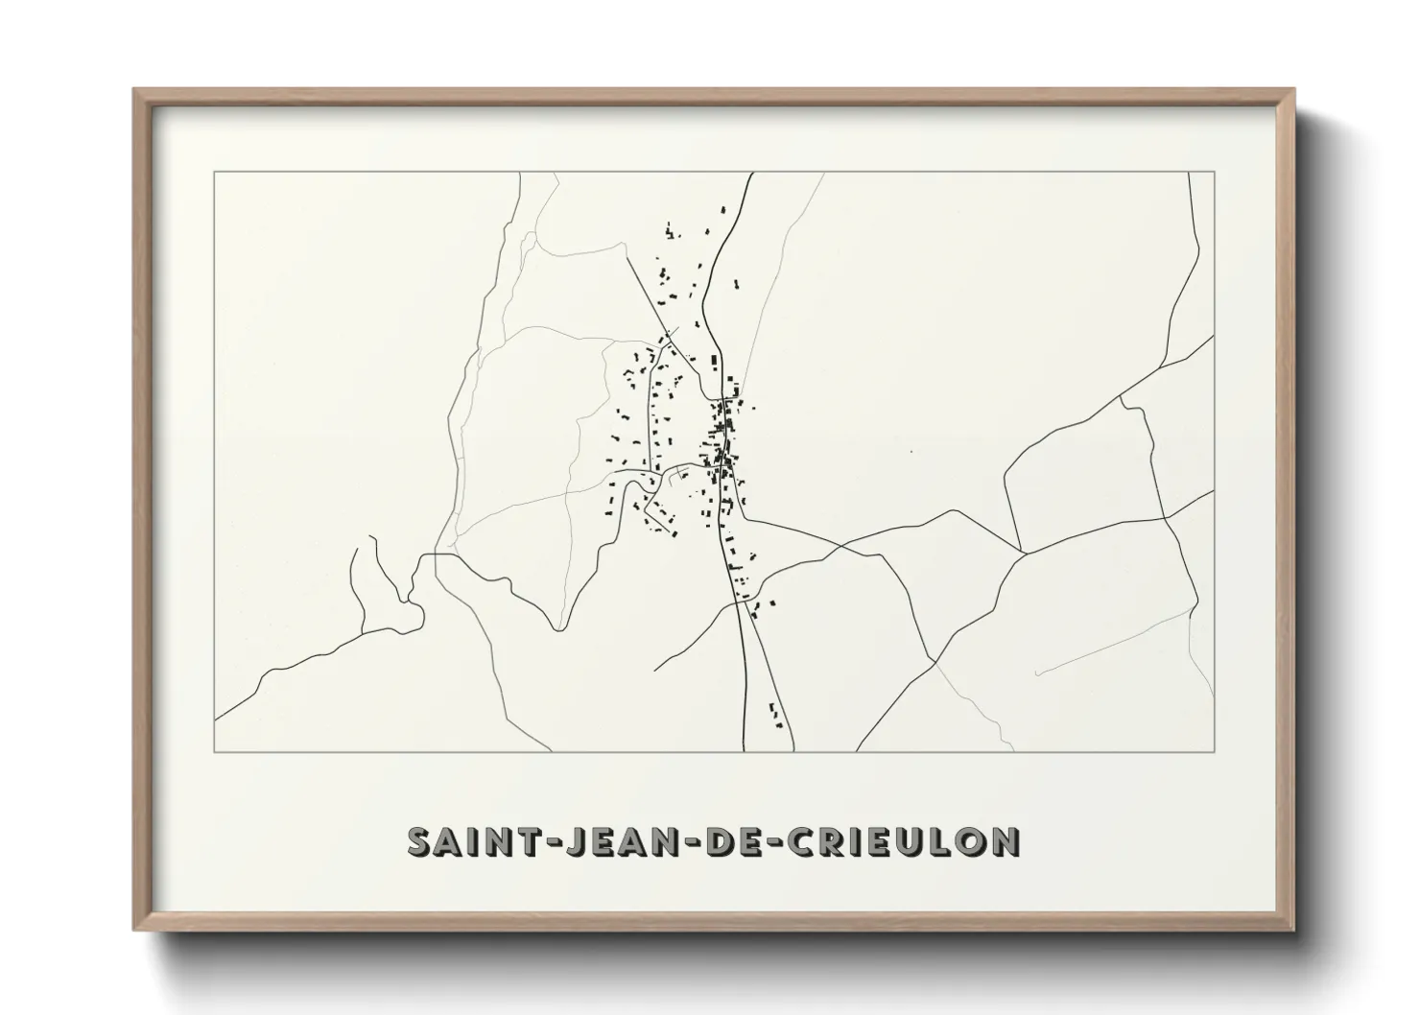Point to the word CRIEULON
click(x=903, y=841)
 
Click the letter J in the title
click(x=574, y=841)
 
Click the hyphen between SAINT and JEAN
click(x=546, y=842)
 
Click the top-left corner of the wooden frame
click(x=134, y=90)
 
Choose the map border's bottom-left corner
click(x=214, y=750)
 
